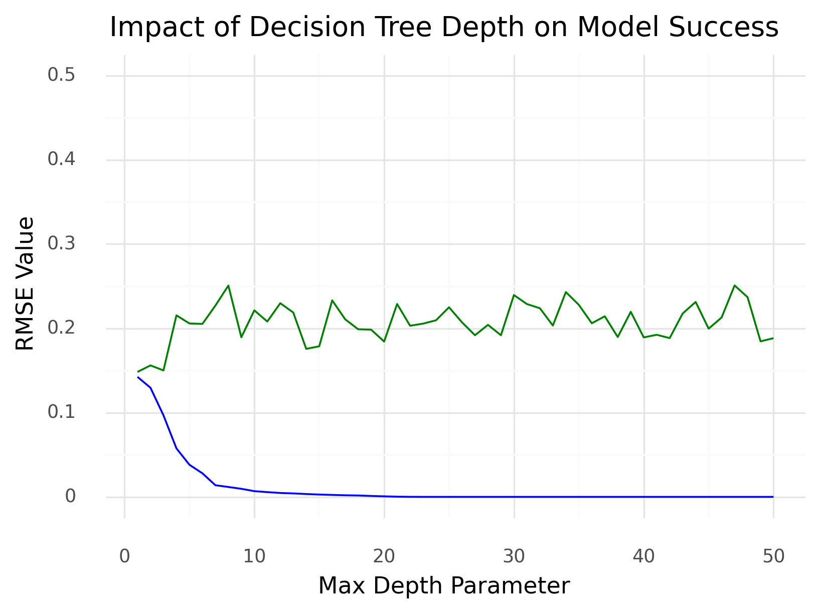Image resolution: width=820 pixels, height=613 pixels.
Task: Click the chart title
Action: pos(444,27)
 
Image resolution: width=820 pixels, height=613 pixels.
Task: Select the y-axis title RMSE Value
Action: pos(25,283)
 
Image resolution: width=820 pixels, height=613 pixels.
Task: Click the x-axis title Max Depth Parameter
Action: pos(444,585)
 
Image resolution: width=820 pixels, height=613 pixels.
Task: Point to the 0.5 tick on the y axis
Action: pos(61,76)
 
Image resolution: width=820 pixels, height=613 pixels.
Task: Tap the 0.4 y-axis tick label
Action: pos(61,160)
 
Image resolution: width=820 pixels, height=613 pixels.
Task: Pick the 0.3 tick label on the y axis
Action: pos(61,244)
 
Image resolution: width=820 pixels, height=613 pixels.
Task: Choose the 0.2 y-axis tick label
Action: pos(61,329)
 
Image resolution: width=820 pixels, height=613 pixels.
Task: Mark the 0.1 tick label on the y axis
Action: pos(61,413)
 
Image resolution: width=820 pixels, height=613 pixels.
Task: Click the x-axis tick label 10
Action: pos(254,556)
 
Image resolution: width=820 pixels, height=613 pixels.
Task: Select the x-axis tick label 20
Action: pos(384,556)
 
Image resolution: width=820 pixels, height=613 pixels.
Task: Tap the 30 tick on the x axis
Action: pos(514,556)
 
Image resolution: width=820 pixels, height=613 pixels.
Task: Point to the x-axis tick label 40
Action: pos(643,556)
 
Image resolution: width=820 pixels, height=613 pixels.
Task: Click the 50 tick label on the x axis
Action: pos(773,556)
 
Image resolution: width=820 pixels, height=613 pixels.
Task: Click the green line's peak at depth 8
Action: pos(228,285)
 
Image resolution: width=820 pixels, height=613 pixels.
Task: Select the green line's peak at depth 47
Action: pos(734,285)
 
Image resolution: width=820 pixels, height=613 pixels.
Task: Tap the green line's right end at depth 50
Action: pos(773,338)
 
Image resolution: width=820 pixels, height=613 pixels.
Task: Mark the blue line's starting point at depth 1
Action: pos(137,377)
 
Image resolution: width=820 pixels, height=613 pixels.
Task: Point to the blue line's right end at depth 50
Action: pos(773,497)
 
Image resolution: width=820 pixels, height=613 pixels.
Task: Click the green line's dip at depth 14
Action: pos(306,349)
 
